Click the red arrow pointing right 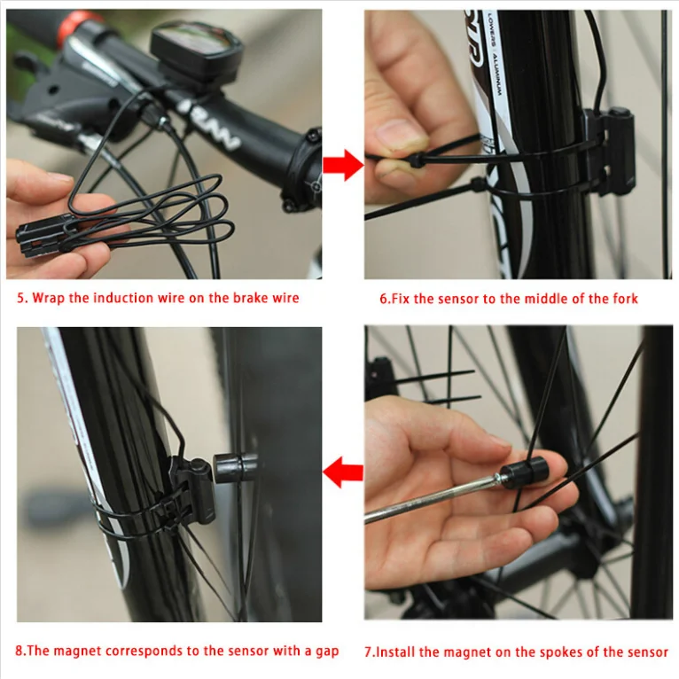(x=343, y=165)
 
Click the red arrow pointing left (x=343, y=472)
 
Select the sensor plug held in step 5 (x=43, y=236)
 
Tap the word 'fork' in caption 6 (x=625, y=299)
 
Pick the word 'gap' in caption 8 (x=327, y=652)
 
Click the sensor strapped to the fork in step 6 (x=609, y=152)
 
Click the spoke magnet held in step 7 (x=524, y=472)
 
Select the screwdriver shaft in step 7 (x=432, y=498)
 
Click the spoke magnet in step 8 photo (x=236, y=468)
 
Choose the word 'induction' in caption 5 (x=123, y=298)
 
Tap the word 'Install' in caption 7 (x=395, y=652)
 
